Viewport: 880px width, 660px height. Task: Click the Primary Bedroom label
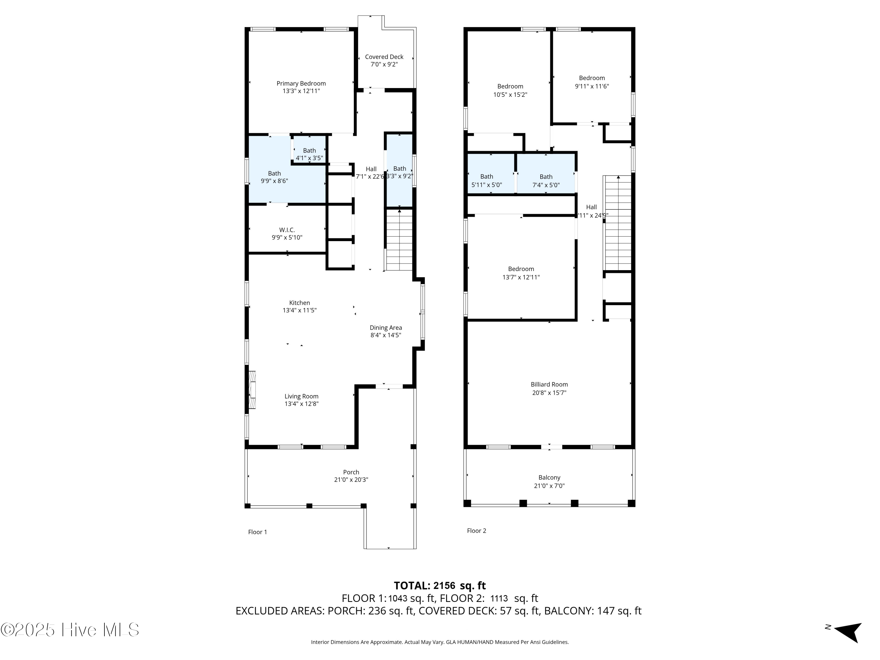[x=301, y=84]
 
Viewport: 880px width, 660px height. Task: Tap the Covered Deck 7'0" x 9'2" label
[x=384, y=60]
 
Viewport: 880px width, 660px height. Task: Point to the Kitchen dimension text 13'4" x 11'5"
[x=299, y=310]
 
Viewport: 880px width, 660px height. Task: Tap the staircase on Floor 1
[x=399, y=240]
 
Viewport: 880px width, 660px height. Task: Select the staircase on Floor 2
[x=617, y=223]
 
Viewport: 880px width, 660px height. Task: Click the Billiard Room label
[x=549, y=384]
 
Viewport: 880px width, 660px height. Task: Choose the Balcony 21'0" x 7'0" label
[x=549, y=481]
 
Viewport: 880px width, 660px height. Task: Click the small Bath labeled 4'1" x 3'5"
[x=309, y=154]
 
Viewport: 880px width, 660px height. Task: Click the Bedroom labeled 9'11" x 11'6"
[x=592, y=82]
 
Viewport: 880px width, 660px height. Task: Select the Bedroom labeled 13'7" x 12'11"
[x=521, y=273]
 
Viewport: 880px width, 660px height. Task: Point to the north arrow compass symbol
[x=847, y=632]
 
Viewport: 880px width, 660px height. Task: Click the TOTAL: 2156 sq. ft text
[x=440, y=585]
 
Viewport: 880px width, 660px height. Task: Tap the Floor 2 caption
[x=476, y=531]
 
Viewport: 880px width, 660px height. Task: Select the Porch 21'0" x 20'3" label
[x=351, y=476]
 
